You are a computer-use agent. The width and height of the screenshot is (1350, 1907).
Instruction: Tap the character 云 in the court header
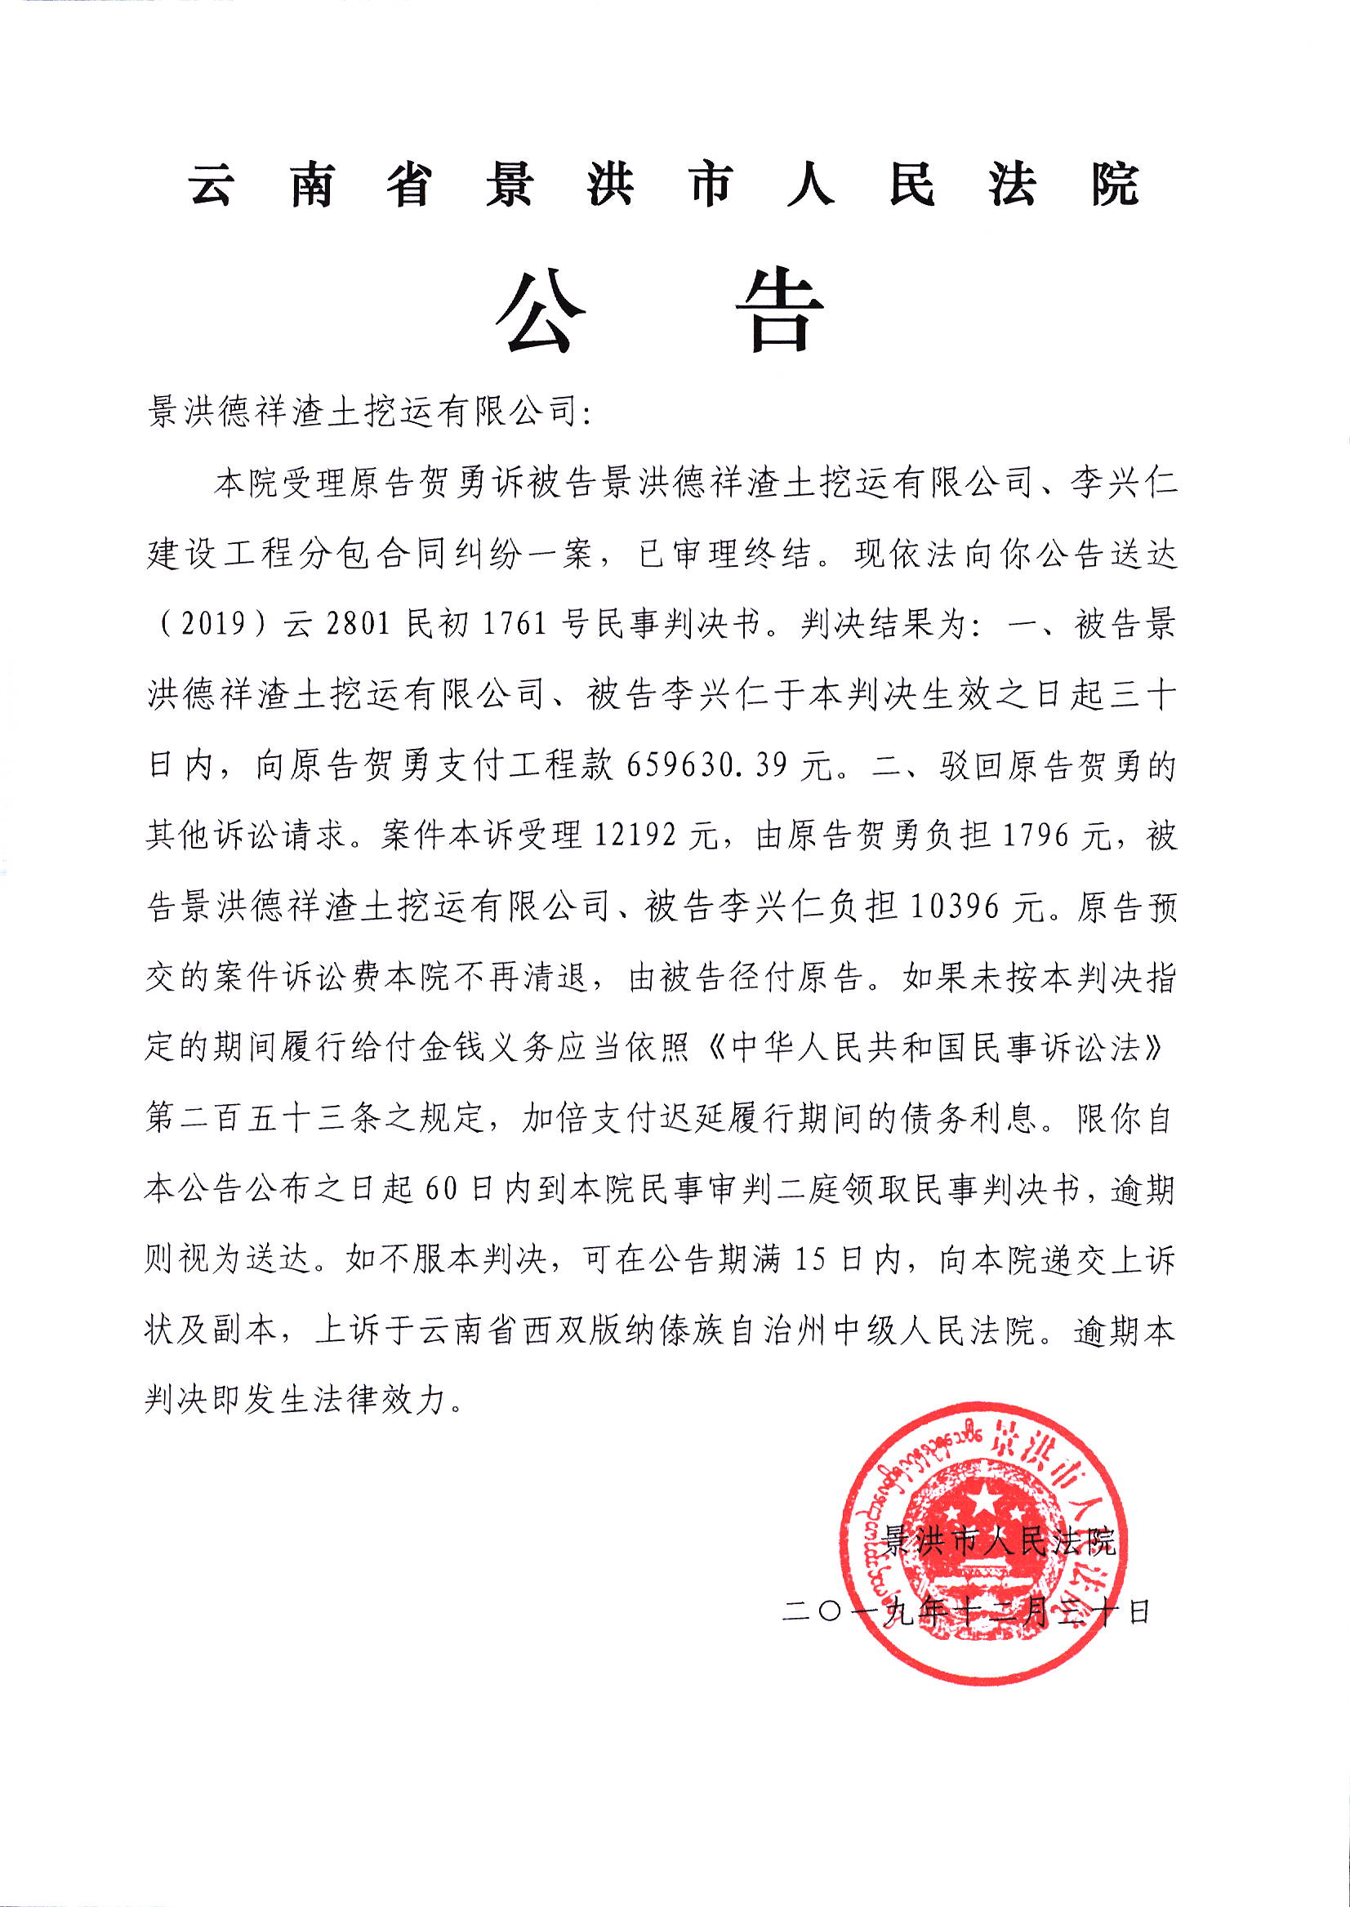(x=212, y=185)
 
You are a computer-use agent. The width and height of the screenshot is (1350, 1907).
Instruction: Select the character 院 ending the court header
(x=1114, y=185)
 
